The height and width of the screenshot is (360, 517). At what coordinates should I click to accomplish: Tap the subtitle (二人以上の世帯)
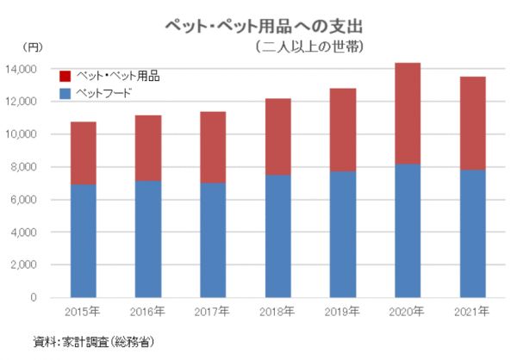[x=307, y=47]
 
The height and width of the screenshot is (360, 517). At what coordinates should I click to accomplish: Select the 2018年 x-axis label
[x=277, y=311]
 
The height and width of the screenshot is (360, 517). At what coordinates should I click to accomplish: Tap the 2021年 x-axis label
[x=470, y=311]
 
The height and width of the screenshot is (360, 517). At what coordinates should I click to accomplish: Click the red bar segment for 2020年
[x=407, y=113]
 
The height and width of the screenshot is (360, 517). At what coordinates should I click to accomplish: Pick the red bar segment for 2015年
[x=83, y=152]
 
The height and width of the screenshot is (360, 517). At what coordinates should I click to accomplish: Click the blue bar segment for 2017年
[x=212, y=240]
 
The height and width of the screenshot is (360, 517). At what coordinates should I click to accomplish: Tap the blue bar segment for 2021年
[x=471, y=233]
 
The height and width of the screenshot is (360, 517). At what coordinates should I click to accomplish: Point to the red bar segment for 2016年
[x=147, y=147]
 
